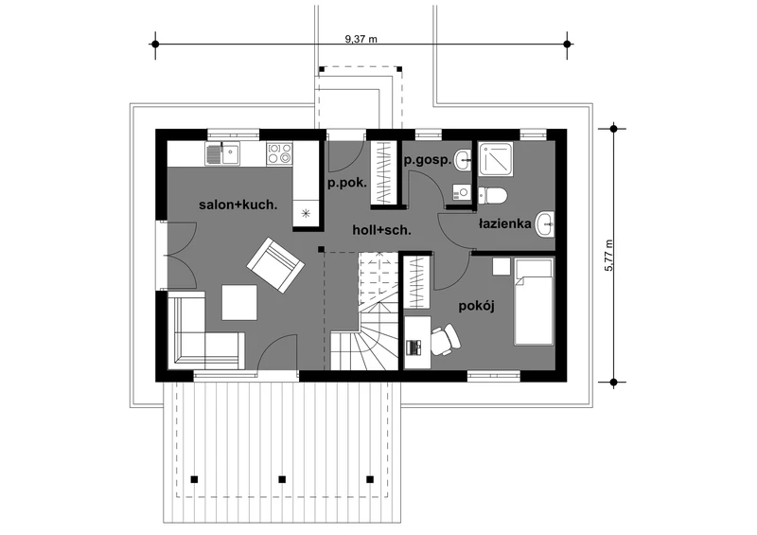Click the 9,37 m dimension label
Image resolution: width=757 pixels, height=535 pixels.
361,38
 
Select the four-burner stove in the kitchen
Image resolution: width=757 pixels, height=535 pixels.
279,152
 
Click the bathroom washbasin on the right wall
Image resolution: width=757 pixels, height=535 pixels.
545,225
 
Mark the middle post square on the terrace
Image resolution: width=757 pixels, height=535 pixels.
281,477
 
